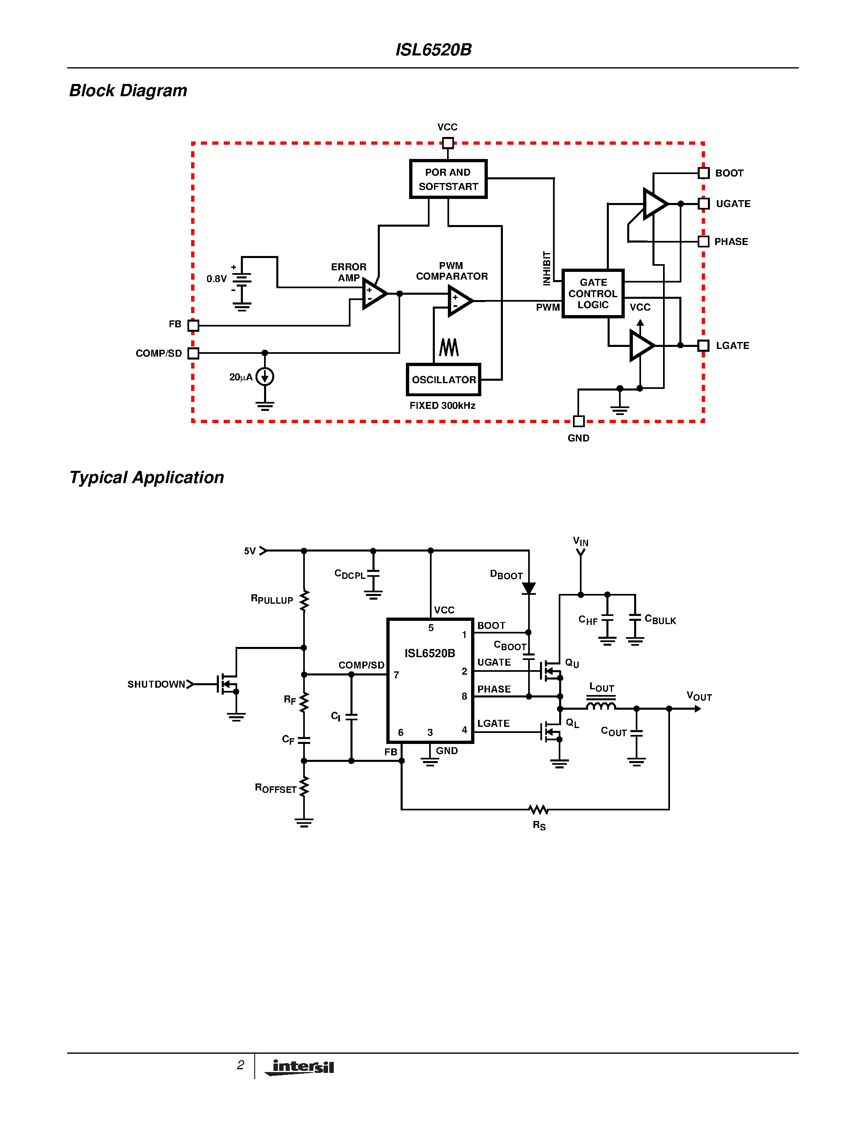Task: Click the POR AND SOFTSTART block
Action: tap(448, 179)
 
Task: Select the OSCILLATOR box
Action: tap(443, 380)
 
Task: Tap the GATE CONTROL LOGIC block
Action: tap(593, 293)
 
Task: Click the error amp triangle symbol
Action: tap(373, 293)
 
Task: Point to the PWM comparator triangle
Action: tap(459, 301)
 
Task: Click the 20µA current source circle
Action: tap(265, 377)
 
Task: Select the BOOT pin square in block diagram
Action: tap(704, 173)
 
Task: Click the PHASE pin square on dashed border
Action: tap(704, 241)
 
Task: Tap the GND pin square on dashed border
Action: tap(579, 421)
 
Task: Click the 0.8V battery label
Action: tap(216, 279)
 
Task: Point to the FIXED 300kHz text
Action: tap(442, 406)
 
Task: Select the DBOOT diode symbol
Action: tap(529, 588)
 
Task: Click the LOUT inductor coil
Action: tap(601, 706)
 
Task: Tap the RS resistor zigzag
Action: tap(539, 810)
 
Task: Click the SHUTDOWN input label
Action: tap(156, 684)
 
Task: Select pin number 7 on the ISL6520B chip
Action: tap(397, 675)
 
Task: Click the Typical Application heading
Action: tap(147, 477)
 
